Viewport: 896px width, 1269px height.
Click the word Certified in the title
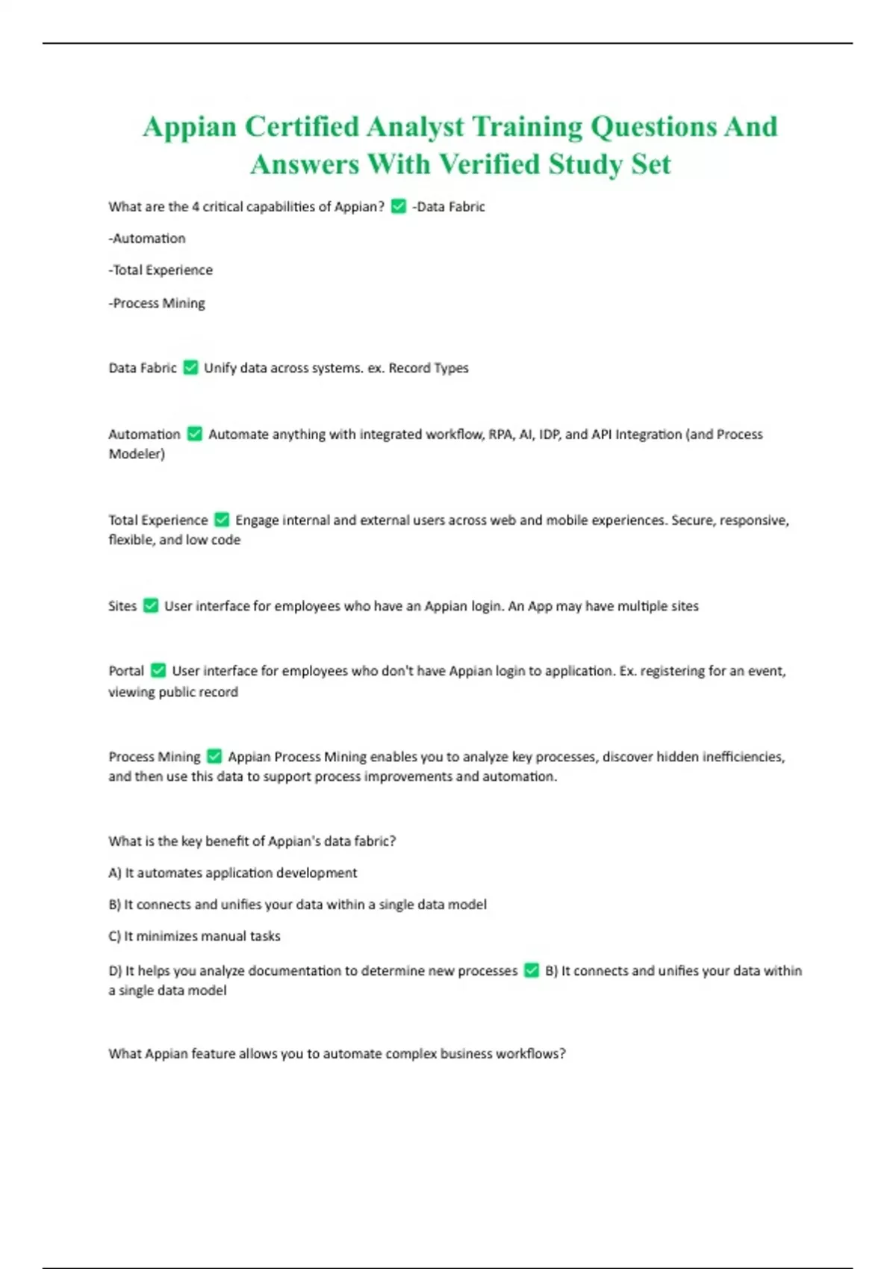click(302, 127)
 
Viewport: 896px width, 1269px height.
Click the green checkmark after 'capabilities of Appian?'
click(399, 206)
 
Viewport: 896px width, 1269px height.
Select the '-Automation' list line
click(147, 238)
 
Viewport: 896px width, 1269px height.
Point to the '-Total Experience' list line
click(161, 269)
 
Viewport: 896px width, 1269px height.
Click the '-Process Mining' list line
click(157, 303)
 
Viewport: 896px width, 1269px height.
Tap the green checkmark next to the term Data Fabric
click(190, 367)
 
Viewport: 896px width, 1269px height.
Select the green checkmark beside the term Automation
click(195, 434)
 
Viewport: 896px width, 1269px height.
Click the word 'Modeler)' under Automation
click(137, 454)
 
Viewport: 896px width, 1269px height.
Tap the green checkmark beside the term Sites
click(151, 605)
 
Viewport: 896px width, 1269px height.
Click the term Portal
click(126, 670)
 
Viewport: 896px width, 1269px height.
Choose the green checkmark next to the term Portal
click(158, 670)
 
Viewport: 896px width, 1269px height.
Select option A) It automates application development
click(233, 873)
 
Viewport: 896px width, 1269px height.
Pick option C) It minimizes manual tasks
click(195, 936)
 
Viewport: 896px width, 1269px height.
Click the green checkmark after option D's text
click(532, 970)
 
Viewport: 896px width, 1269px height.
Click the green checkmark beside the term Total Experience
click(222, 520)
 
